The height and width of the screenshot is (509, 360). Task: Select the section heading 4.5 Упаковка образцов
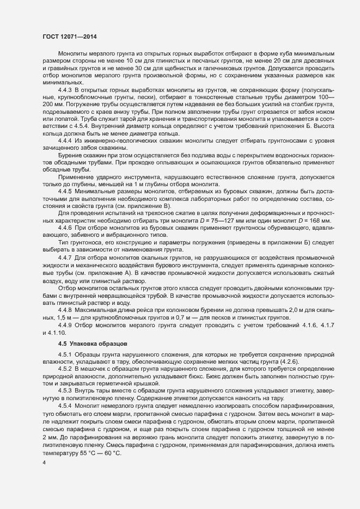[92, 344]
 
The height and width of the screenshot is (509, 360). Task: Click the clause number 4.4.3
[65, 88]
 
